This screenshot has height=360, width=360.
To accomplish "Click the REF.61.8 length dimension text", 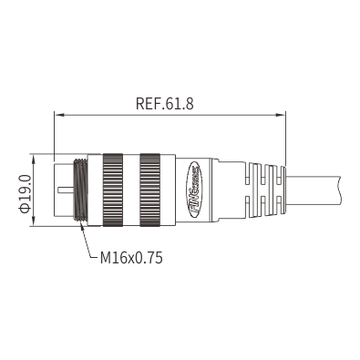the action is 164,104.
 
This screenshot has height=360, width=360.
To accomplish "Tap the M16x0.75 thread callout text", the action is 131,258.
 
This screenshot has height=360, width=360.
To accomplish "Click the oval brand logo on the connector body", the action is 194,190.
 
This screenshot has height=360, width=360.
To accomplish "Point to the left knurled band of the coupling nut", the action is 113,190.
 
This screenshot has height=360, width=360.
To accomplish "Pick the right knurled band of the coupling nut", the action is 149,190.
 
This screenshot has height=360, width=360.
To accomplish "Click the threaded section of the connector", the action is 80,190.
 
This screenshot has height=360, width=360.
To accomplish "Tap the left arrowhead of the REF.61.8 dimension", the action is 59,115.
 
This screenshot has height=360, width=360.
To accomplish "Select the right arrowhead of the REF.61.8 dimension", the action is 280,115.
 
